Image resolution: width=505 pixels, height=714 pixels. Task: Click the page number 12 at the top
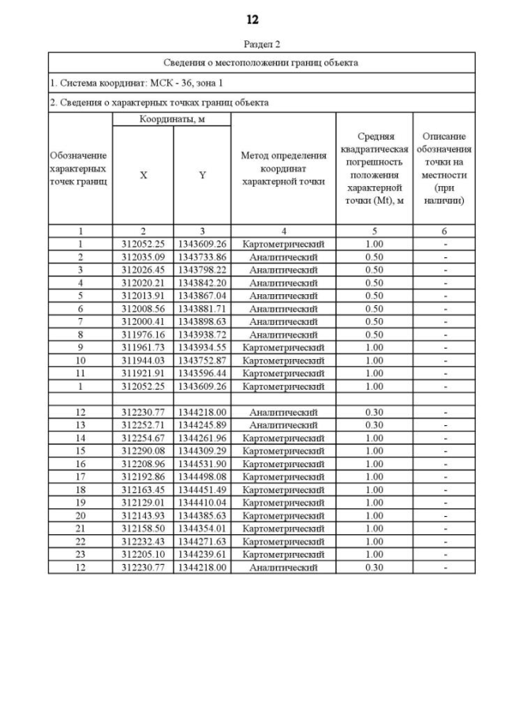pyautogui.click(x=252, y=20)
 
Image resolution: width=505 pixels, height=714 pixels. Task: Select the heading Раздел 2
pyautogui.click(x=252, y=44)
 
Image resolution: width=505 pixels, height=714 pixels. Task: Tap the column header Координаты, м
pyautogui.click(x=171, y=119)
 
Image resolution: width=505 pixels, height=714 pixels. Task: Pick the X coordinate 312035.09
pyautogui.click(x=143, y=257)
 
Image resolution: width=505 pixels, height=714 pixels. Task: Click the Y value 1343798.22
pyautogui.click(x=202, y=270)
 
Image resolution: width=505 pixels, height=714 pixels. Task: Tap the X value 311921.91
pyautogui.click(x=143, y=373)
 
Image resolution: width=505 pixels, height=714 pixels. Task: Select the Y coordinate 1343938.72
pyautogui.click(x=202, y=335)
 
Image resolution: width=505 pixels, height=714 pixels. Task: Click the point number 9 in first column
pyautogui.click(x=80, y=347)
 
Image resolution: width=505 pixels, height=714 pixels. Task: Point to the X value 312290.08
pyautogui.click(x=143, y=450)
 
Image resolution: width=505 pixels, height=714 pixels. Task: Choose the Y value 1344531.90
pyautogui.click(x=202, y=464)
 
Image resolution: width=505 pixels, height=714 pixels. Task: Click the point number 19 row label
pyautogui.click(x=80, y=503)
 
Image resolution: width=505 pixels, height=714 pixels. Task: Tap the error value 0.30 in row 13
pyautogui.click(x=374, y=425)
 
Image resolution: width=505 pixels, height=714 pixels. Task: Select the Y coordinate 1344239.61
pyautogui.click(x=202, y=554)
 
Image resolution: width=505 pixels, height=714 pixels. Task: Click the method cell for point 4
pyautogui.click(x=283, y=282)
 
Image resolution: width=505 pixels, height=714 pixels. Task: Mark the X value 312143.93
pyautogui.click(x=143, y=515)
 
